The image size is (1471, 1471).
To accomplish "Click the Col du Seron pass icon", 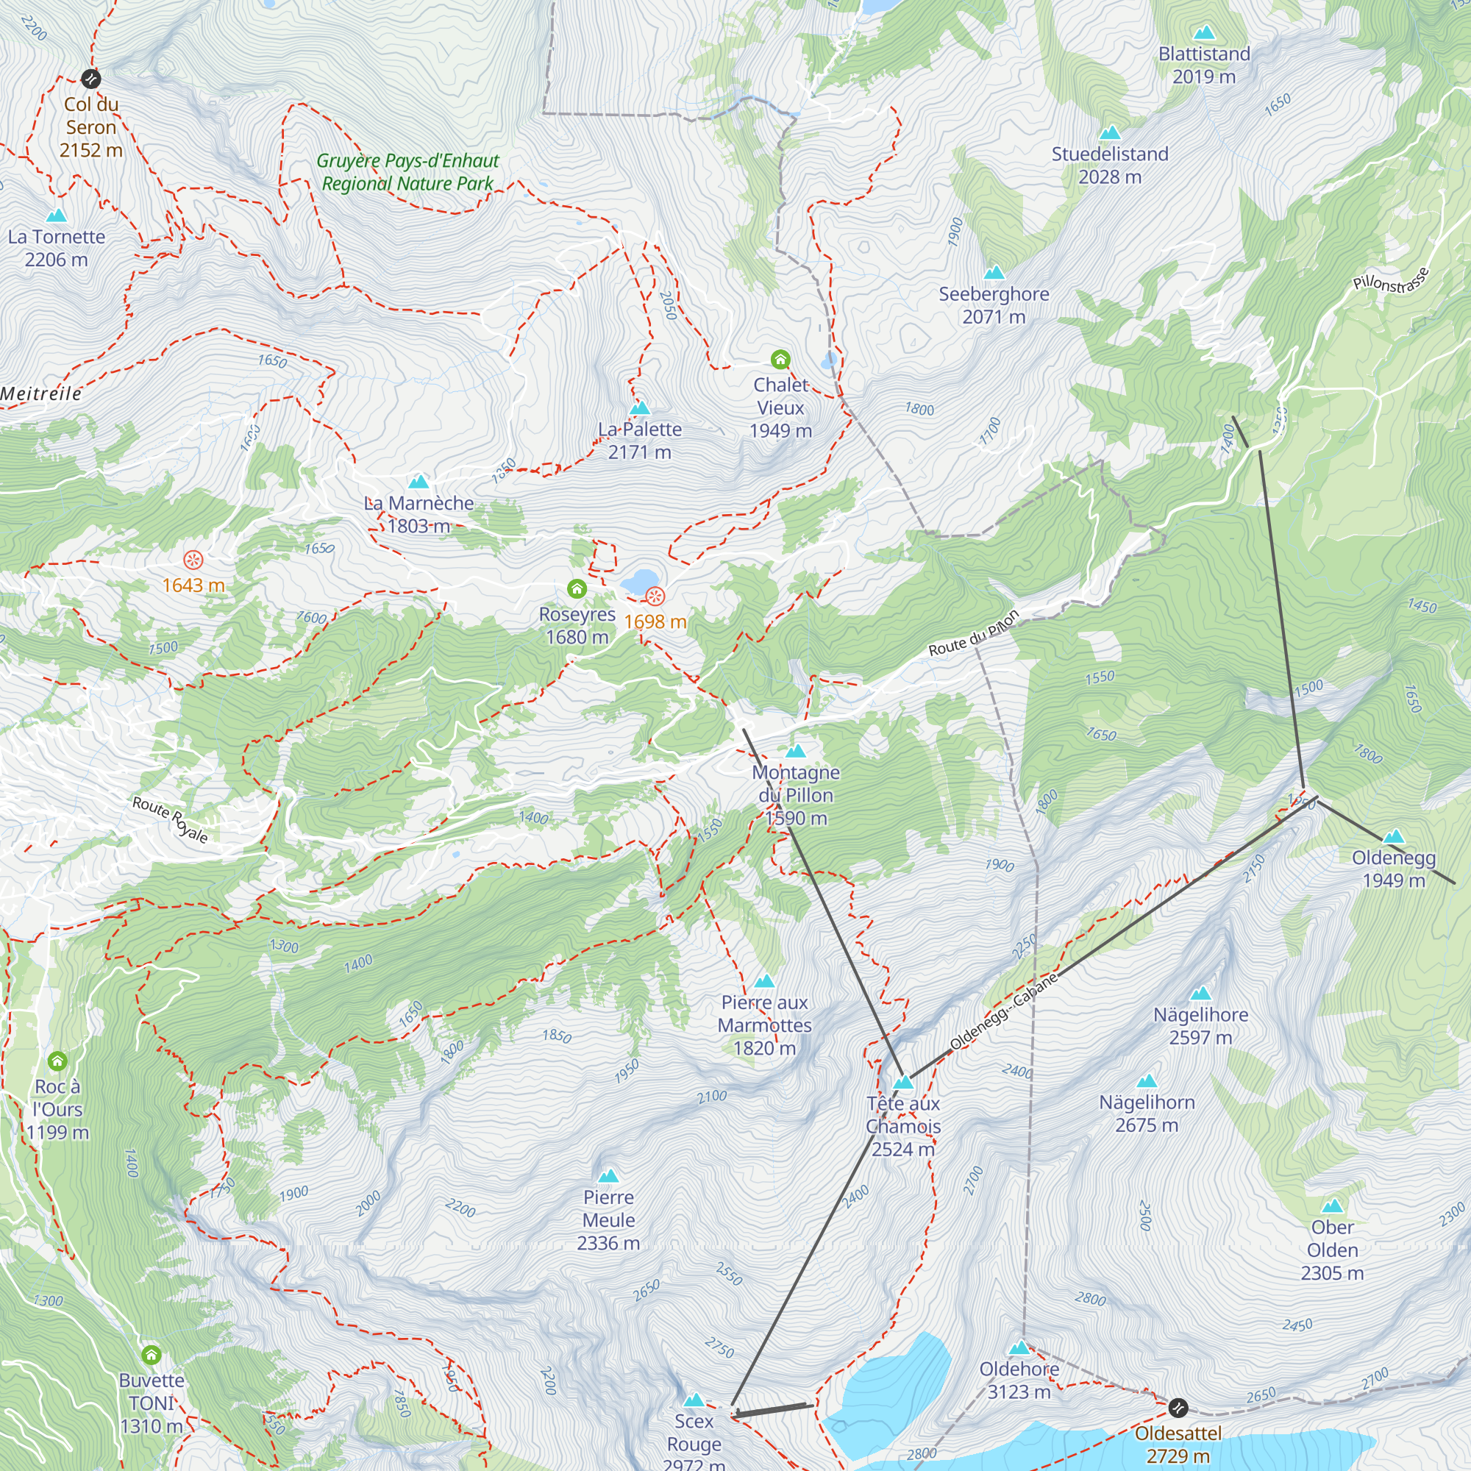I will [x=90, y=79].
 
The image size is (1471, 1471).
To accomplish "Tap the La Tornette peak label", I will [x=57, y=247].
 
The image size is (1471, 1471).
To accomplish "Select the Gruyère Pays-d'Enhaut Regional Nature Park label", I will [x=407, y=172].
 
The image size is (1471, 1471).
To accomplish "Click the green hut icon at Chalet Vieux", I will [x=780, y=359].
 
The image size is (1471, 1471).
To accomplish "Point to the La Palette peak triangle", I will [x=640, y=407].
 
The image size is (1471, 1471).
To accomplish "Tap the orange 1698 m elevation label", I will [x=655, y=621].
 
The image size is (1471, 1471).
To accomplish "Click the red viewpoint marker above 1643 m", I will [x=193, y=560].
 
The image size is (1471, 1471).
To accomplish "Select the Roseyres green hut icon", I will [x=577, y=588].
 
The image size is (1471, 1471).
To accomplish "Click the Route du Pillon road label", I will [x=973, y=633].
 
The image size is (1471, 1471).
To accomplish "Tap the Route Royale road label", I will [x=170, y=819].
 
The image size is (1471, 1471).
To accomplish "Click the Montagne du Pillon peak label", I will [x=796, y=795].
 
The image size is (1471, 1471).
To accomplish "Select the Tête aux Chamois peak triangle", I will [x=902, y=1083].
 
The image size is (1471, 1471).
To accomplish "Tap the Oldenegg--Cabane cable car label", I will [x=1003, y=1012].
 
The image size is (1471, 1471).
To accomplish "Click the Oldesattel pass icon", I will [x=1178, y=1407].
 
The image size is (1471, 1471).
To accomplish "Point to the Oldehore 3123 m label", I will [x=1019, y=1380].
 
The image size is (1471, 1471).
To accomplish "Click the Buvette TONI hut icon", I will [x=152, y=1355].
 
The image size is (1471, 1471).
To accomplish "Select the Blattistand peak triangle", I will [x=1204, y=33].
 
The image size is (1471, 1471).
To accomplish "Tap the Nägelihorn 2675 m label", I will [x=1147, y=1113].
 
